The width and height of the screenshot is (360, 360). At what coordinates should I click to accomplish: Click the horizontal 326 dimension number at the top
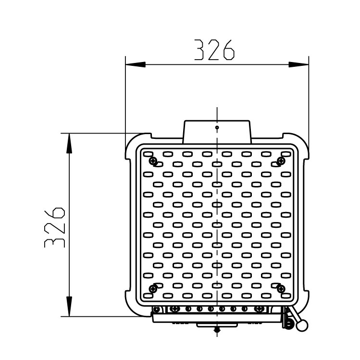tap(214, 50)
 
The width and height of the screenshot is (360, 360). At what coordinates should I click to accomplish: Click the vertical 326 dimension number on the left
tap(55, 227)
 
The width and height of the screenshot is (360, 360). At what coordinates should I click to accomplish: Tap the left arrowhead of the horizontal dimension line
tap(136, 64)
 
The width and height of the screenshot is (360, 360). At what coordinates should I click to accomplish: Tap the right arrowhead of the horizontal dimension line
tap(298, 64)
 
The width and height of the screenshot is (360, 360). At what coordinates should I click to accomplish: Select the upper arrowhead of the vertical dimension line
tap(69, 143)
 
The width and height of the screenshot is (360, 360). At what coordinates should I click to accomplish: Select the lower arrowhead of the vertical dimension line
tap(69, 307)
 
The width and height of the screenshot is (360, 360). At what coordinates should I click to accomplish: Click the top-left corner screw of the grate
tap(153, 161)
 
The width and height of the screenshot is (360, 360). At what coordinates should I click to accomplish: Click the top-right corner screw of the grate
tap(281, 161)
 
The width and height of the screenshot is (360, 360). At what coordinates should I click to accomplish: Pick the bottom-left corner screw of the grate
tap(153, 288)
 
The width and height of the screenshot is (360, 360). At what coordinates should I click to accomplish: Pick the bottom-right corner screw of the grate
tap(281, 288)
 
